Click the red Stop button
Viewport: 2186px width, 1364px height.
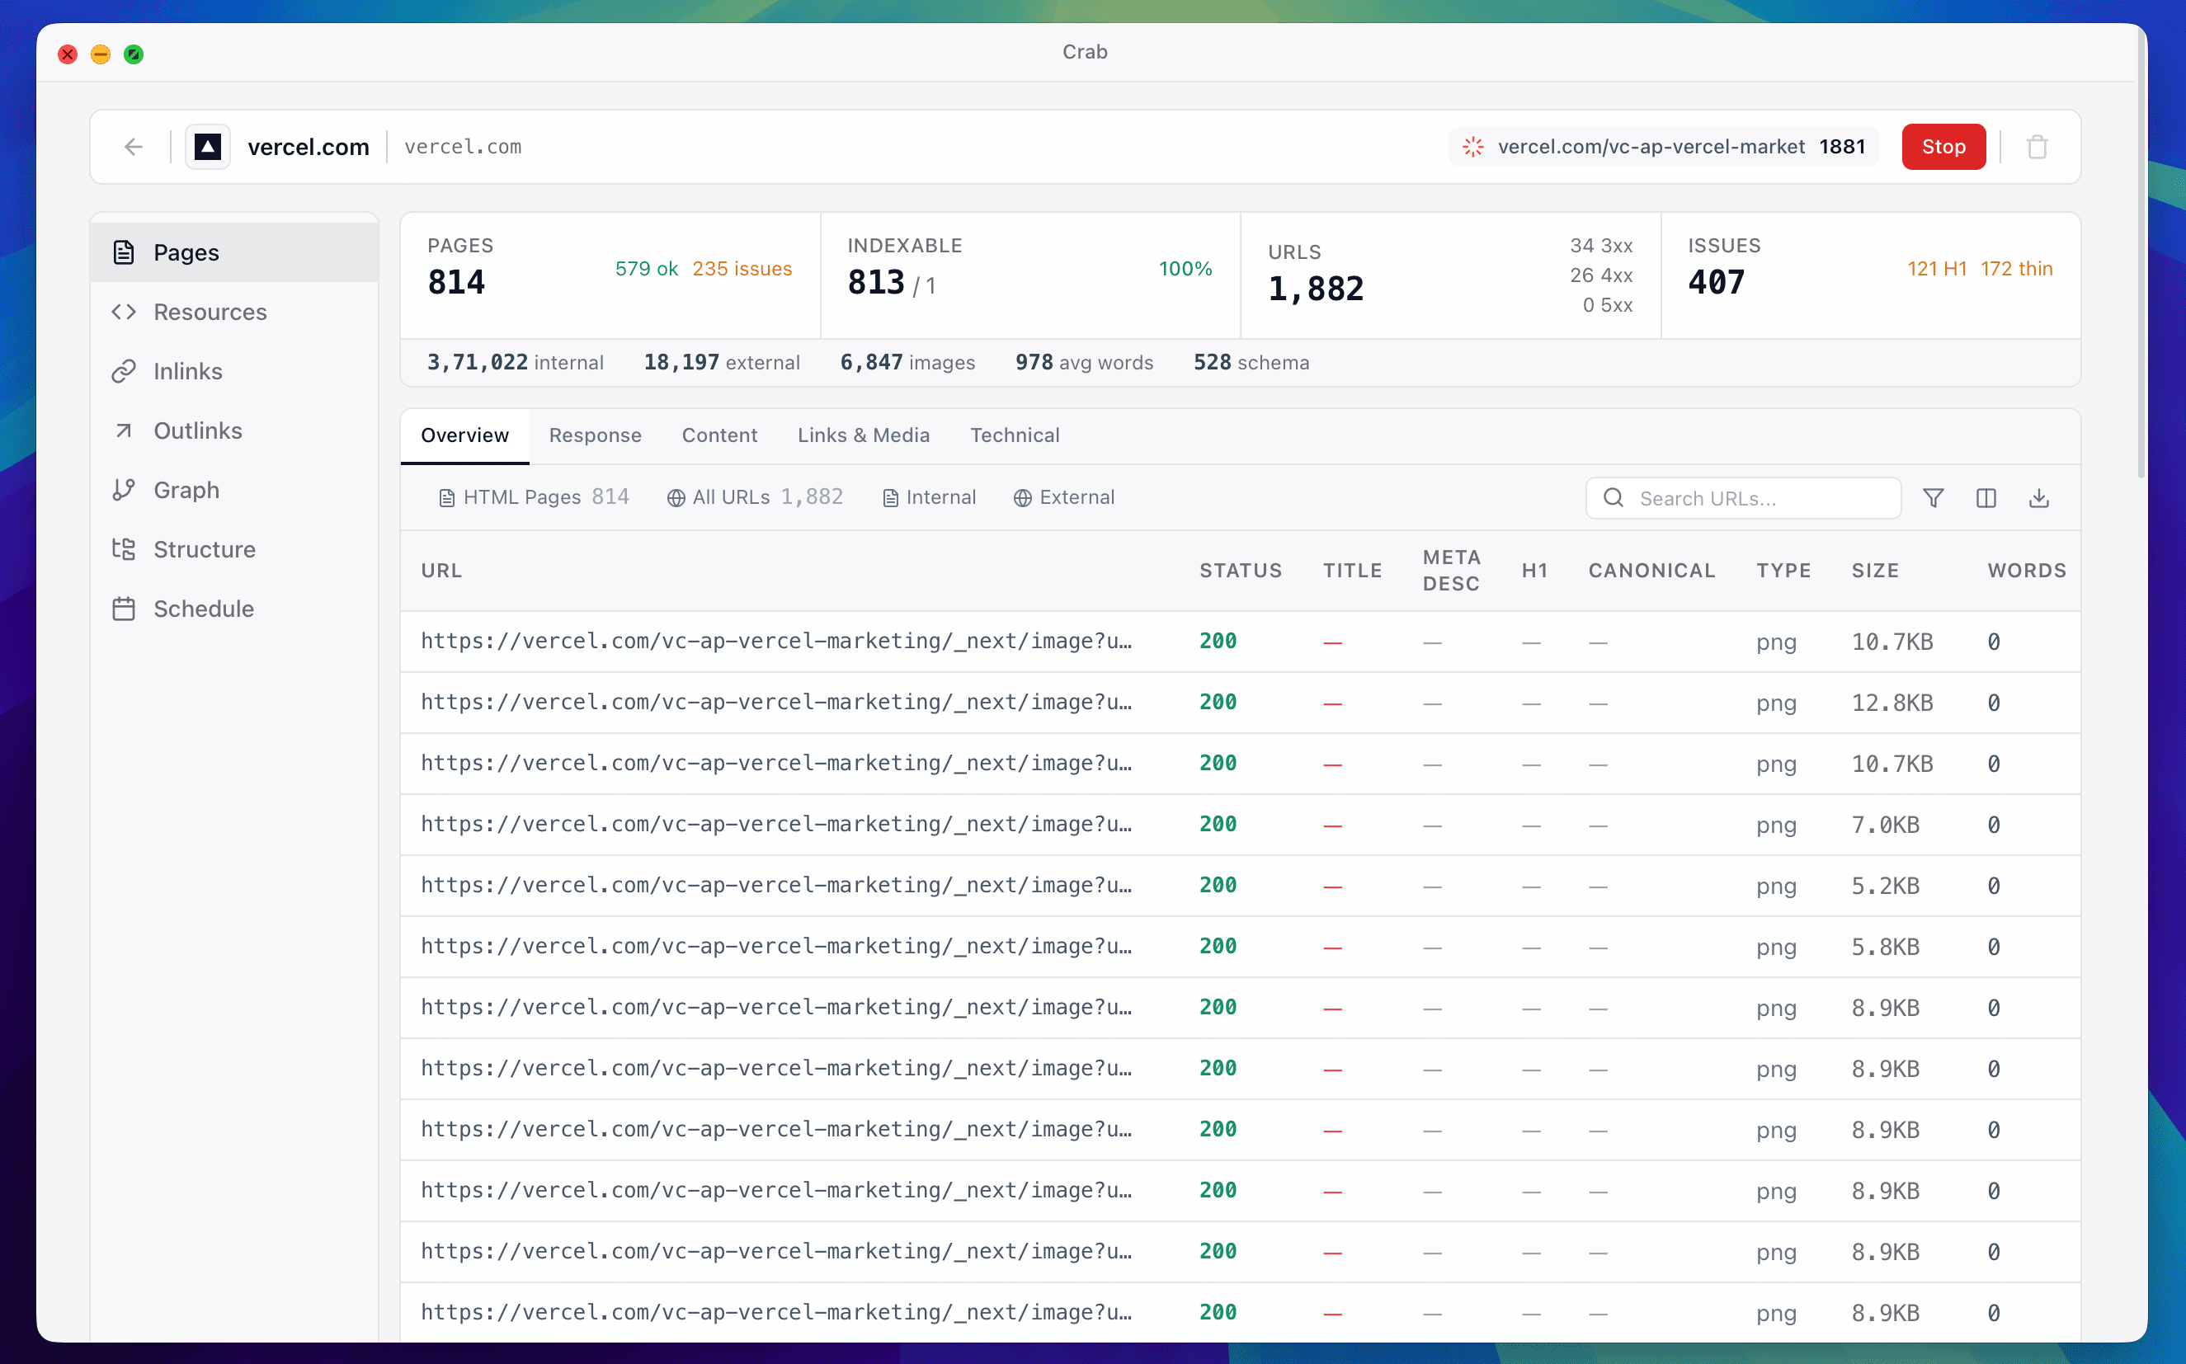coord(1943,147)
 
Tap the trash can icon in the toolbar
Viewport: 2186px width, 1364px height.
coord(2038,147)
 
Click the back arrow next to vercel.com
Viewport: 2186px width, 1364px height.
coord(134,147)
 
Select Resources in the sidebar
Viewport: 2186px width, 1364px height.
coord(210,312)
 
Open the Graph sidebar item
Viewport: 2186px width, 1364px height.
coord(186,490)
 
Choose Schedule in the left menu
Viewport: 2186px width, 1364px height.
coord(203,609)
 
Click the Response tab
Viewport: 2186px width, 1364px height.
coord(595,435)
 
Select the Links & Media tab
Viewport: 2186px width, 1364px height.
coord(863,435)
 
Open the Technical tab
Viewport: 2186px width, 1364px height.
coord(1014,435)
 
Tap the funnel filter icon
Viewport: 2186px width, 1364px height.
coord(1934,498)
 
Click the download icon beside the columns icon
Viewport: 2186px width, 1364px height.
coord(2039,498)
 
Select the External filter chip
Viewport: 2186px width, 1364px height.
coord(1065,497)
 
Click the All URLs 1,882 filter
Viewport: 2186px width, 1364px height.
coord(755,497)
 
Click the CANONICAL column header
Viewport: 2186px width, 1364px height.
coord(1651,570)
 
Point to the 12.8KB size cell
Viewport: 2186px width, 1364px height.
coord(1892,703)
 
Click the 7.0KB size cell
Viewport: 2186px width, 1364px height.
coord(1885,825)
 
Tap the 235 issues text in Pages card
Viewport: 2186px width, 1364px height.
coord(742,269)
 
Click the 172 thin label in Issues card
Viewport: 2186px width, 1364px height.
coord(2015,269)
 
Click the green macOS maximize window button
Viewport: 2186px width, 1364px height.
coord(134,54)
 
